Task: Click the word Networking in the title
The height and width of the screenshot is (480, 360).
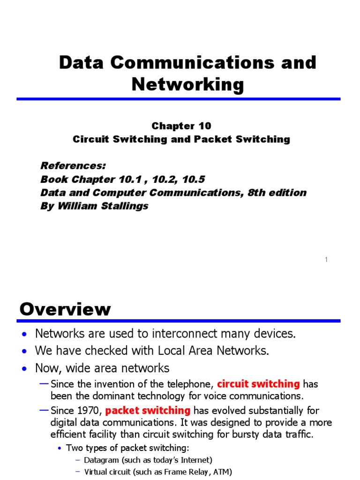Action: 187,85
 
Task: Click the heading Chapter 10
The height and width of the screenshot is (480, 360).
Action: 181,126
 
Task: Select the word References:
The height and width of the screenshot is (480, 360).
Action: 74,165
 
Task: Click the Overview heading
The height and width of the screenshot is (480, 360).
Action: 65,309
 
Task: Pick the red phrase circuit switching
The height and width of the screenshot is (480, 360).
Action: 258,384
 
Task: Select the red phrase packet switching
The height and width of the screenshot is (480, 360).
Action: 148,411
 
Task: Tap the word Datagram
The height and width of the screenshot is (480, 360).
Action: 101,460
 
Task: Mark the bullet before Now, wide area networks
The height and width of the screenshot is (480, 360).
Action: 25,369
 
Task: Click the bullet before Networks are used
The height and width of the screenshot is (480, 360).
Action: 25,334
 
